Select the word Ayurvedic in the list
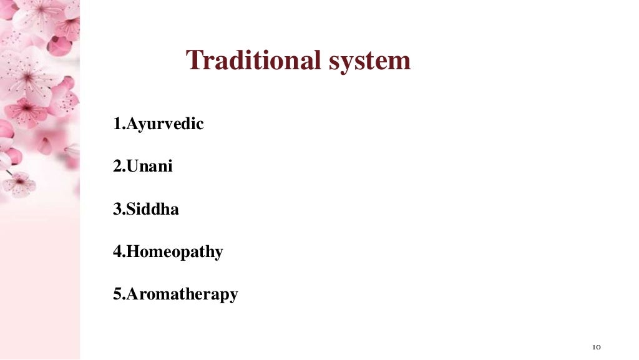165,124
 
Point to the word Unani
150,167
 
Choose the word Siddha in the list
153,209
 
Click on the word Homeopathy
175,252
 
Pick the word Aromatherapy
182,294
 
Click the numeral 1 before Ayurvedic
117,124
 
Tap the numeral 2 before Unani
117,167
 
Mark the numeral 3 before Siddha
117,209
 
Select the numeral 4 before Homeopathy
117,252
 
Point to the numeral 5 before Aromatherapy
117,294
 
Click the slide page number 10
596,347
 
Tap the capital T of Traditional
194,61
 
